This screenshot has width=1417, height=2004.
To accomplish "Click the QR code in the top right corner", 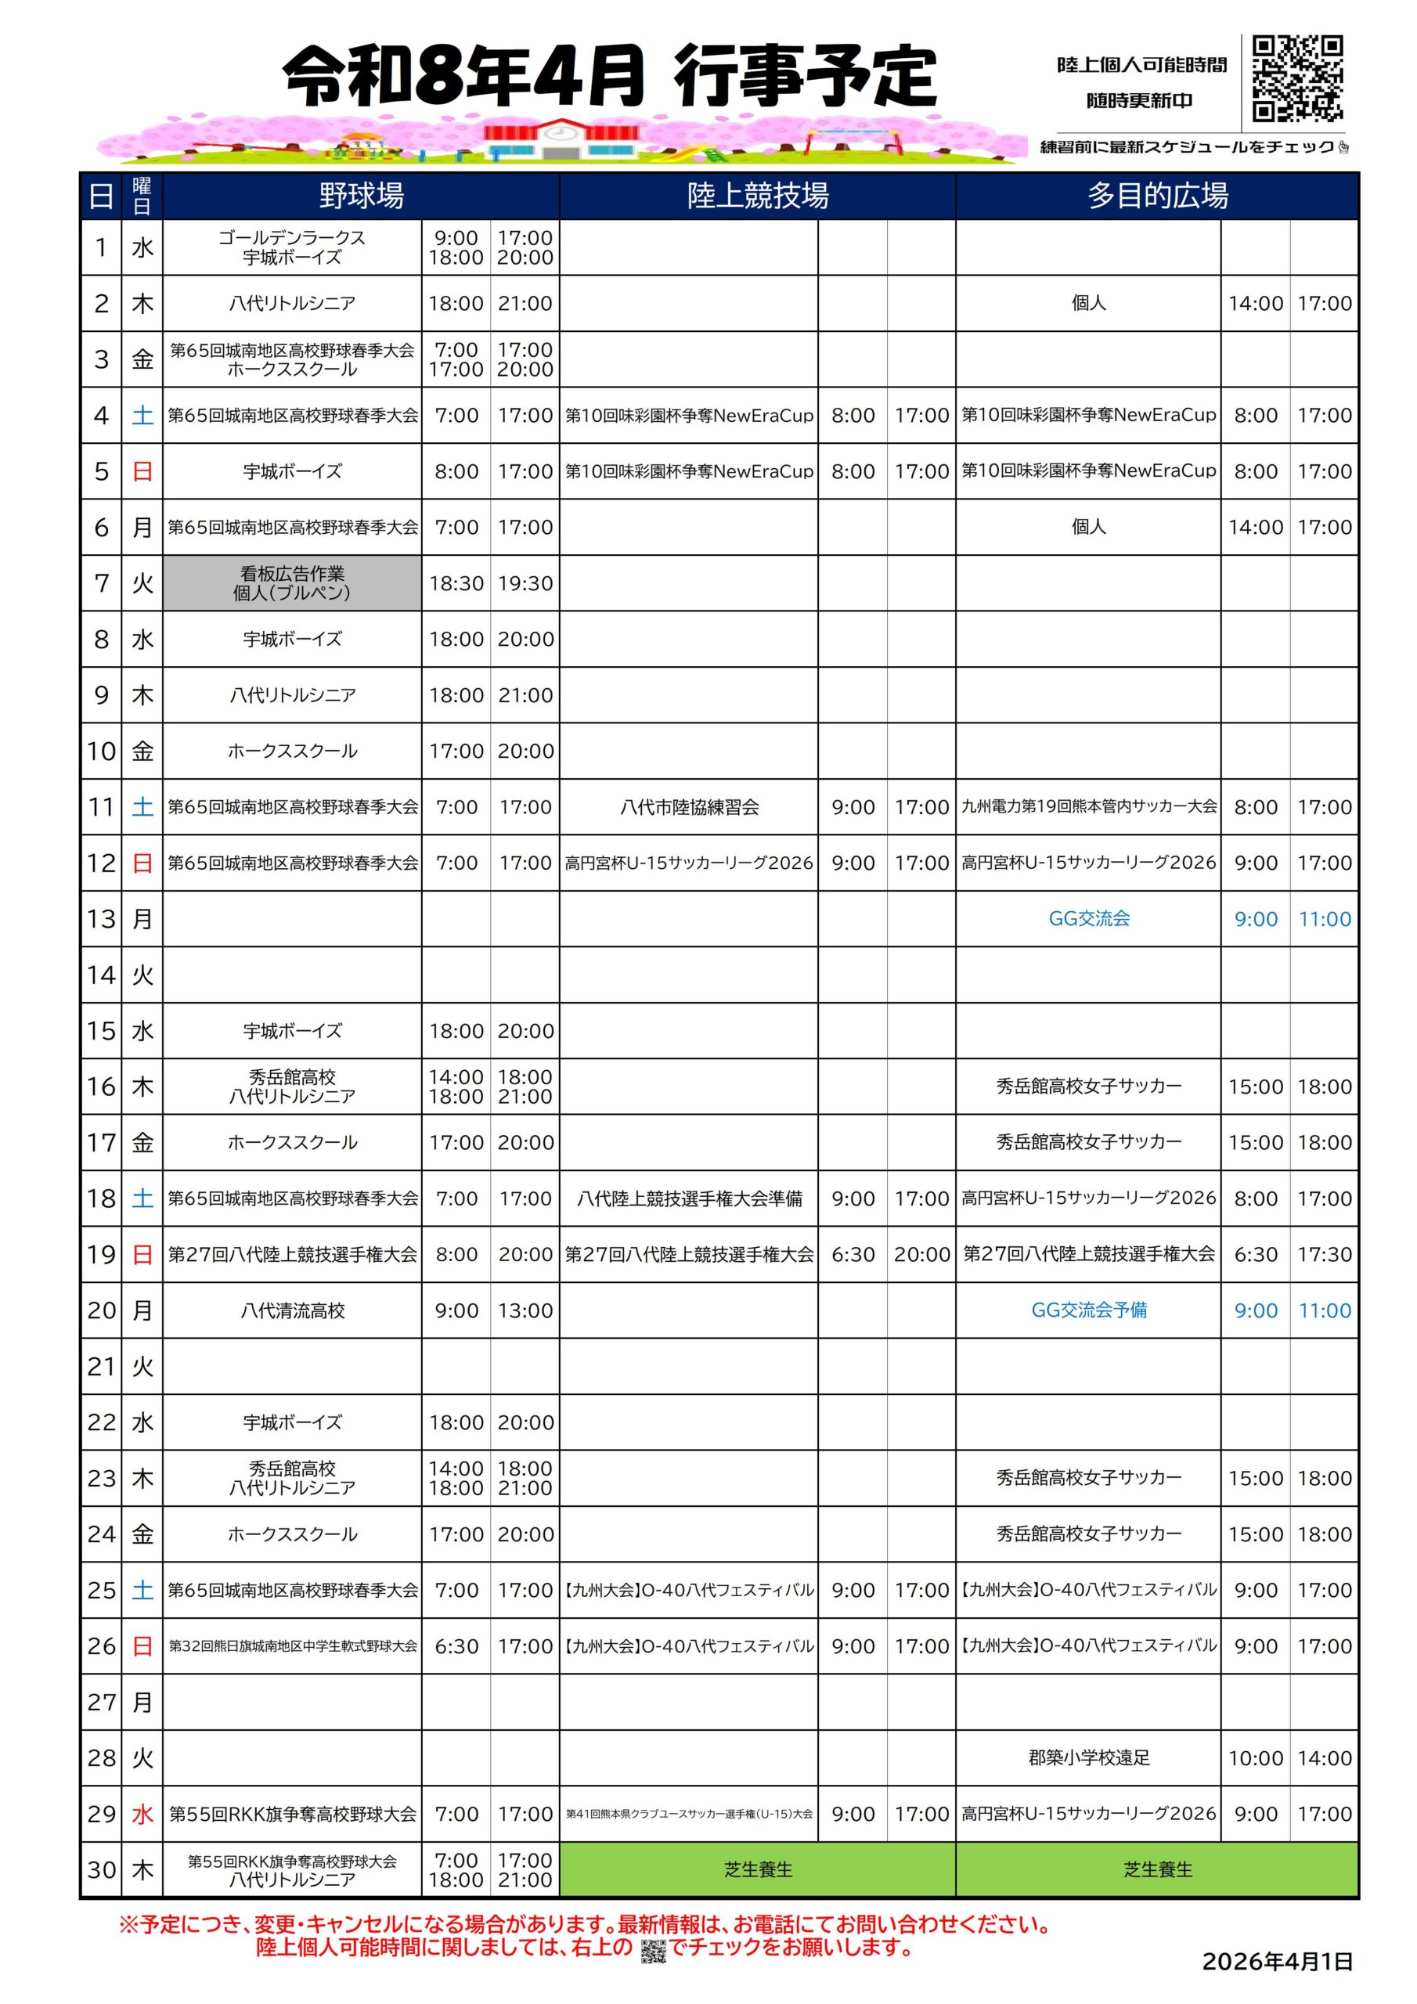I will click(1296, 77).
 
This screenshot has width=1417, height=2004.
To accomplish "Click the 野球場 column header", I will click(361, 196).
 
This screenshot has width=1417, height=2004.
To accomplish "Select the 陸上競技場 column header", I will click(757, 196).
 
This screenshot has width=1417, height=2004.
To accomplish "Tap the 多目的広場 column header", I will click(1157, 196).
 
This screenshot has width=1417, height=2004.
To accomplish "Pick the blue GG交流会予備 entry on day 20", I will click(1089, 1310).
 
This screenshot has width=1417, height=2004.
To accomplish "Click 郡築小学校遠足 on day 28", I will click(1089, 1758).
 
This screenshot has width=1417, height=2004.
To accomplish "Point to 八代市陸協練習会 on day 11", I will click(689, 807).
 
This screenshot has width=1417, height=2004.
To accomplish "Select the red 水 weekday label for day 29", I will click(142, 1814).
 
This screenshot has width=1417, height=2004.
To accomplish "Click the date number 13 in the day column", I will click(101, 919).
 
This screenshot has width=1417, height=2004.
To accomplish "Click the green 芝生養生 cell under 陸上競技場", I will click(757, 1869).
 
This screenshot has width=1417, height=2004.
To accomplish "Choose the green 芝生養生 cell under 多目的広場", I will click(1157, 1869).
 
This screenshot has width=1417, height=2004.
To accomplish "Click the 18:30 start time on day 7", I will click(456, 583).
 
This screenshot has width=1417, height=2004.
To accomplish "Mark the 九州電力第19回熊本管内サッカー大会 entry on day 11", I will click(1089, 806).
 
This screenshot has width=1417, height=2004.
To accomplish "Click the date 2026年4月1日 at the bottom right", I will click(1276, 1962).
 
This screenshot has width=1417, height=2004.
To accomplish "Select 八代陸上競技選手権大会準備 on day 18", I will click(689, 1198).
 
